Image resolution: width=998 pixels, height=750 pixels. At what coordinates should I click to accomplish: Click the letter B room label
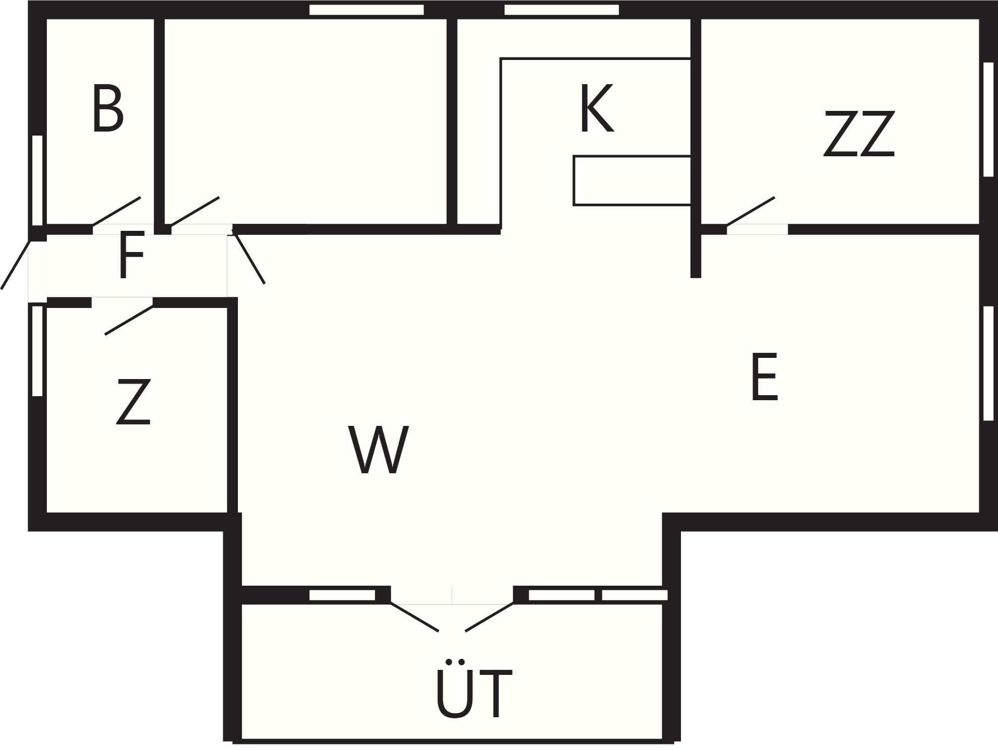(108, 109)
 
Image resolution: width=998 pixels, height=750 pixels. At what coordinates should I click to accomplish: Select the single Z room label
(134, 402)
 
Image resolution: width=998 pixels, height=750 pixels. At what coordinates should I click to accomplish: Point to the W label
(379, 450)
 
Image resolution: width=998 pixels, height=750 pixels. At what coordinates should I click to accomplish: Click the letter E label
(764, 377)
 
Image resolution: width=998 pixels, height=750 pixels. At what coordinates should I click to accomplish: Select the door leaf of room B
(116, 211)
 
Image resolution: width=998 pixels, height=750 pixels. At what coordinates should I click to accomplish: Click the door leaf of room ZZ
(751, 211)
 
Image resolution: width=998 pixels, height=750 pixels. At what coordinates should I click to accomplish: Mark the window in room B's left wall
(38, 180)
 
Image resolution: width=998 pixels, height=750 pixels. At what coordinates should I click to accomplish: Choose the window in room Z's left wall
(38, 351)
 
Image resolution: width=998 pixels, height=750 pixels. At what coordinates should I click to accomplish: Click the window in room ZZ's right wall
(988, 119)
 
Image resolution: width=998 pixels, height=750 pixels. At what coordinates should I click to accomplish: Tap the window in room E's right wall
(988, 363)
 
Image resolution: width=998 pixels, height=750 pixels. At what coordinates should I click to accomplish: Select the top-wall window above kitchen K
(562, 10)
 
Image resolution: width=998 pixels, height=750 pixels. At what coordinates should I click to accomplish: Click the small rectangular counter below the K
(632, 181)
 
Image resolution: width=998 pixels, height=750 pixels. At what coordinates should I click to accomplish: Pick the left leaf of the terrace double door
(414, 617)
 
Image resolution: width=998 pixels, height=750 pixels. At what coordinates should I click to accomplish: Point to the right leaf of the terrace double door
(489, 617)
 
